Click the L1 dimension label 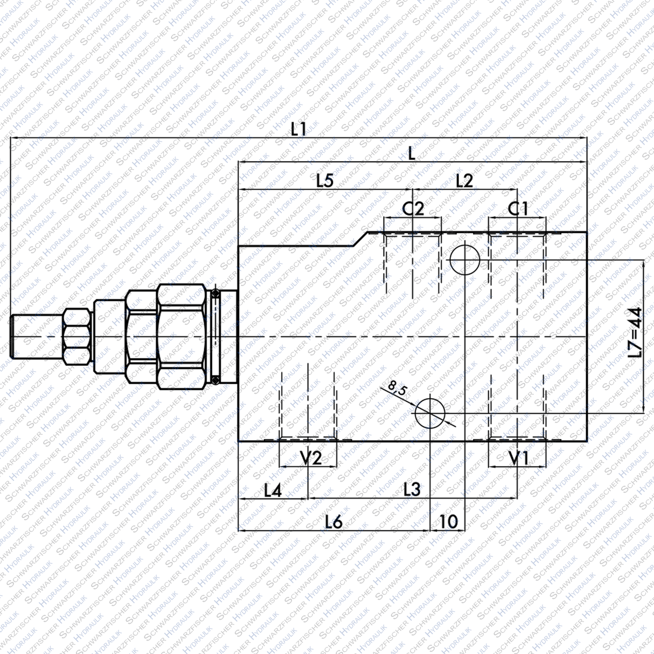point(298,129)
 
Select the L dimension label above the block point(412,154)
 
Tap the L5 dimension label point(325,181)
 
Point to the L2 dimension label point(464,181)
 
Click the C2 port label point(413,208)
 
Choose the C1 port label point(518,208)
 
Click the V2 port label point(310,458)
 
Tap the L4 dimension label point(273,490)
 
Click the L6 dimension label point(334,521)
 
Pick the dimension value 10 point(448,521)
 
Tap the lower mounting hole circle point(430,413)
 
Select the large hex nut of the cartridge point(182,337)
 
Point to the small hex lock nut point(77,337)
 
